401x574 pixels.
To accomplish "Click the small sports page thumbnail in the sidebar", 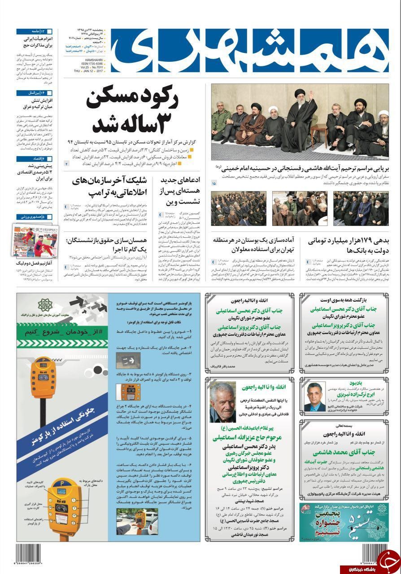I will coord(35,238).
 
